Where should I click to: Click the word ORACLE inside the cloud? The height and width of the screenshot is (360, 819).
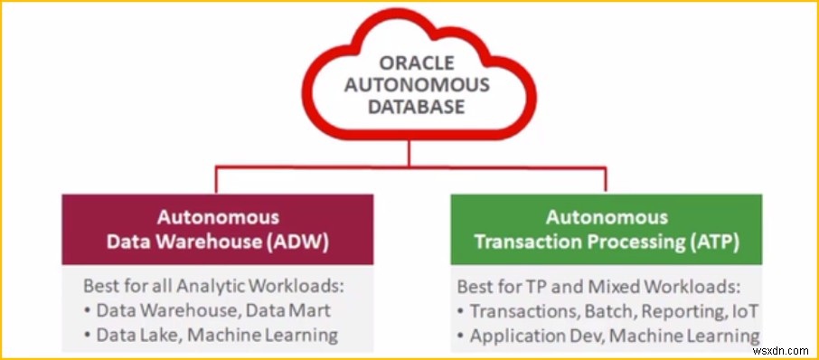point(417,63)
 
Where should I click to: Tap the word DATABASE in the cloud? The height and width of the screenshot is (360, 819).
point(417,107)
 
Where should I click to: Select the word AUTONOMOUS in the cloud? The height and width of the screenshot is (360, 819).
point(417,85)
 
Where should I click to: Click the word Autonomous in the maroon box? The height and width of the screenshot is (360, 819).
point(219,217)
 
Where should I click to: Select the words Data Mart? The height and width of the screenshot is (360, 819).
point(288,310)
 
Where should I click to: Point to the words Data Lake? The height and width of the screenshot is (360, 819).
point(137,335)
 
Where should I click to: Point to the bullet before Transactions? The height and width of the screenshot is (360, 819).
point(461,312)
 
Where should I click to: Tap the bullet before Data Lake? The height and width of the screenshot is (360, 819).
point(87,336)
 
